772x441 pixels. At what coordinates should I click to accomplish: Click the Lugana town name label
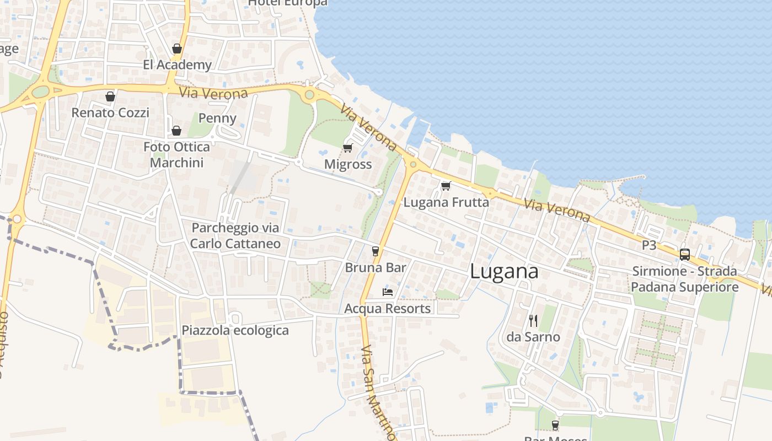click(504, 272)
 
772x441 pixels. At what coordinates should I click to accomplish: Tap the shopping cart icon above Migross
click(347, 148)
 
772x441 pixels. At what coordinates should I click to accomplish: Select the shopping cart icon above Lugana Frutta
click(446, 186)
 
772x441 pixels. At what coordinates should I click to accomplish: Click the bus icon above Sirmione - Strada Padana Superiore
click(685, 254)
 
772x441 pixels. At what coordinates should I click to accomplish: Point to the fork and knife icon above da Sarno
click(533, 320)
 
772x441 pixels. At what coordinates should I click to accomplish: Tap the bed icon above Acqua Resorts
click(388, 292)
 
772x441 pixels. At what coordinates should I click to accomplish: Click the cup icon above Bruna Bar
click(376, 251)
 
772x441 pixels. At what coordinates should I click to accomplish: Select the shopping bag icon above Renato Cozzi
click(110, 96)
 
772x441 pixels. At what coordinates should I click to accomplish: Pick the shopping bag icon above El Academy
click(177, 49)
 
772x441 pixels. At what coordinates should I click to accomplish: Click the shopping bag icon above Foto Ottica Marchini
click(176, 131)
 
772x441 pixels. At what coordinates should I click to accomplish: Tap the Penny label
click(217, 118)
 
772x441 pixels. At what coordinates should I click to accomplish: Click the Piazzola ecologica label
click(235, 330)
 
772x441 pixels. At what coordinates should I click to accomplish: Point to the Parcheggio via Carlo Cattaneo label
click(235, 235)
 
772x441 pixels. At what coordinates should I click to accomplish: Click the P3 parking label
click(649, 245)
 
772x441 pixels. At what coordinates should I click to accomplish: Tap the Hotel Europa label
click(288, 3)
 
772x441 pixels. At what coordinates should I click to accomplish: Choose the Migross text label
click(348, 164)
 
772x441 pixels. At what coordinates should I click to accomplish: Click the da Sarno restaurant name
click(533, 337)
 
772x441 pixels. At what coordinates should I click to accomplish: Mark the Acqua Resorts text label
click(388, 308)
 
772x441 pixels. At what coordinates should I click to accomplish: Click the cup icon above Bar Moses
click(555, 426)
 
